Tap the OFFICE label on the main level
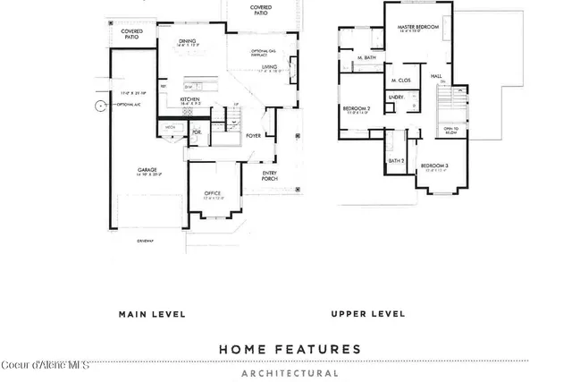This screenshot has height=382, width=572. point(212,191)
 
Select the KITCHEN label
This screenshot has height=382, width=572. point(190,99)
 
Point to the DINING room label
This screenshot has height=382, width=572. point(187,40)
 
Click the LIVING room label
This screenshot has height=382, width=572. point(269,67)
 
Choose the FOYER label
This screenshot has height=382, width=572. point(254,136)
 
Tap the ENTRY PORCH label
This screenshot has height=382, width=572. point(270,175)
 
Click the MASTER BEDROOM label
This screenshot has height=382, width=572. point(418,28)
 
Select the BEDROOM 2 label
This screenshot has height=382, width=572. point(356,108)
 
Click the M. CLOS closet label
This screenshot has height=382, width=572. point(400,81)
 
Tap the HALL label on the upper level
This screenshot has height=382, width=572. point(436,76)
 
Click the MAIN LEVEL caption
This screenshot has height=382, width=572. point(152,314)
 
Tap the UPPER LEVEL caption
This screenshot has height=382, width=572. point(367,314)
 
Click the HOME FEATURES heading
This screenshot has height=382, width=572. point(290,349)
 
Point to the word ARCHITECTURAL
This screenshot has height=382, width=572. point(290,373)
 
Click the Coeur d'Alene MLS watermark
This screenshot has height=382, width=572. point(45,365)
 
